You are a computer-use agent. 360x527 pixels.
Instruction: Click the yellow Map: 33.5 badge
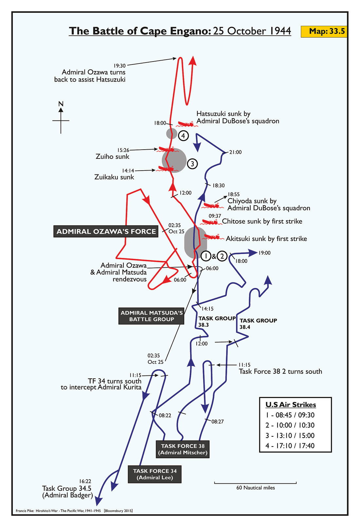pos(324,31)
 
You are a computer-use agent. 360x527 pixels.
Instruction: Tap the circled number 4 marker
pos(184,136)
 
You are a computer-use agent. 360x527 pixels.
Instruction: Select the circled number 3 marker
pos(192,164)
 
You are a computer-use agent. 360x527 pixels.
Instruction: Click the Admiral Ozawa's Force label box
pos(106,231)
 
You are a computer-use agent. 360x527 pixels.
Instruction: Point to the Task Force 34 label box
pos(155,474)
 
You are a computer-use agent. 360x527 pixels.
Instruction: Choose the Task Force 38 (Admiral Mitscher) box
pos(183,449)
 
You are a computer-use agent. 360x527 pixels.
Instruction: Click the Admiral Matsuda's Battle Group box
pos(152,316)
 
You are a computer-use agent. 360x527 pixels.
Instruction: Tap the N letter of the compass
pos(61,104)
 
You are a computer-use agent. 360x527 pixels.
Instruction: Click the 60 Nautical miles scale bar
pos(255,482)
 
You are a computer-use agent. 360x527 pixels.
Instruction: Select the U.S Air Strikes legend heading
pos(291,405)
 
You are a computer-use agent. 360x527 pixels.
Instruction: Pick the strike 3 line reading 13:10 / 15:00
pos(290,435)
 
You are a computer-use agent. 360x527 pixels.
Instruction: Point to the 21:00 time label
pos(236,152)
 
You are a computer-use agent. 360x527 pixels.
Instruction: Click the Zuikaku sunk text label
pos(114,177)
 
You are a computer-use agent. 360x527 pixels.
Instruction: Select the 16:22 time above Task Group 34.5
pos(85,481)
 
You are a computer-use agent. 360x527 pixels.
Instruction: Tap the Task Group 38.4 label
pos(258,323)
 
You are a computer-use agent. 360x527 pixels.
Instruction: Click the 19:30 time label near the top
pos(119,65)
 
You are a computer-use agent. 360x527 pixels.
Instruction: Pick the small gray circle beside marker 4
pos(171,134)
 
